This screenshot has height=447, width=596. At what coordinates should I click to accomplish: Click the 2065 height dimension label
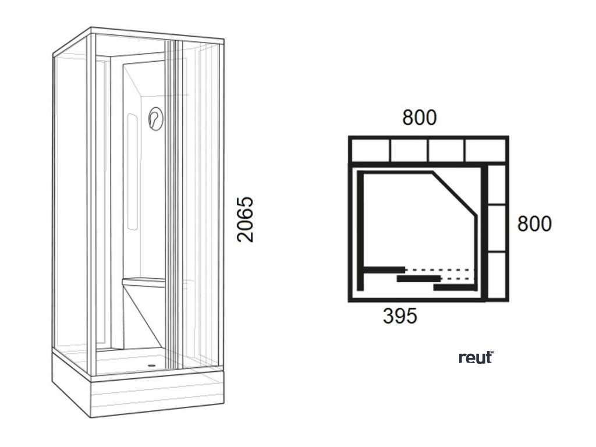click(x=246, y=219)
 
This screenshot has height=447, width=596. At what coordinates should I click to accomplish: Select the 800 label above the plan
click(x=419, y=118)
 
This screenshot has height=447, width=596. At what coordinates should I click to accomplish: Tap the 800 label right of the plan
click(x=534, y=223)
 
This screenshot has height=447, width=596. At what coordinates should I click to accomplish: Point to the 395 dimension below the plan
click(x=400, y=316)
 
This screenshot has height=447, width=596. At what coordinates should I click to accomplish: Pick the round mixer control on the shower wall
click(x=155, y=119)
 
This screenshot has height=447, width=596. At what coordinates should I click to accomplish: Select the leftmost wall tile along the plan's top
click(x=370, y=150)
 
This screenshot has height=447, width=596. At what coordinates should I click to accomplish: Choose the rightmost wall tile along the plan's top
click(x=485, y=150)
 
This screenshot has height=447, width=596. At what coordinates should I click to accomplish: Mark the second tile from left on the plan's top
click(x=409, y=150)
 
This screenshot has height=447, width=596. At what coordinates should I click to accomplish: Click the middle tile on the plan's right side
click(x=496, y=228)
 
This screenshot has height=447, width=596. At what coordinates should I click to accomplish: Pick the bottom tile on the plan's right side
click(x=496, y=275)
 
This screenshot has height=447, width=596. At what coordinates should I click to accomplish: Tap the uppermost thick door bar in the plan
click(x=384, y=269)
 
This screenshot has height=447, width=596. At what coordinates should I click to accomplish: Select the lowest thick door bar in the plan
click(x=455, y=288)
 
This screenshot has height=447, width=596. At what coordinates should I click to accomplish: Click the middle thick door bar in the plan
click(x=418, y=279)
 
